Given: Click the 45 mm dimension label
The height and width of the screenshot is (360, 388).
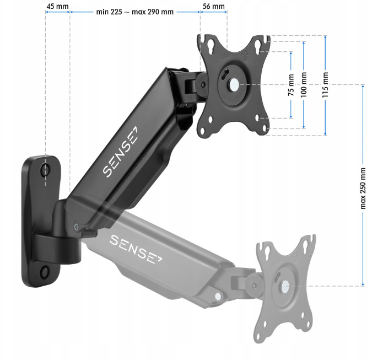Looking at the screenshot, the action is click(x=58, y=6).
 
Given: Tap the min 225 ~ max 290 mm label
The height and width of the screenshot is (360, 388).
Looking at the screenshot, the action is click(x=135, y=12).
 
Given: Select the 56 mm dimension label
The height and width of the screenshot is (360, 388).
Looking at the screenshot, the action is click(x=213, y=6).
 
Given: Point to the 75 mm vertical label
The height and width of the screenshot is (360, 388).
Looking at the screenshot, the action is click(x=291, y=85).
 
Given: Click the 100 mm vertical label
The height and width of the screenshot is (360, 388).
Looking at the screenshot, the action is click(x=304, y=85).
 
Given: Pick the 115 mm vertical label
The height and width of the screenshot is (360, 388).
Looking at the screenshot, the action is click(x=325, y=85).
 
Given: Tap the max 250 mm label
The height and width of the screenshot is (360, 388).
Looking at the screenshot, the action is click(x=363, y=188).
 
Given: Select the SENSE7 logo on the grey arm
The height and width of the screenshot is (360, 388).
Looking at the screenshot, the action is click(x=136, y=249).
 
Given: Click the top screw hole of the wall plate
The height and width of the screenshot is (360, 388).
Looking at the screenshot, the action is click(x=45, y=170).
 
